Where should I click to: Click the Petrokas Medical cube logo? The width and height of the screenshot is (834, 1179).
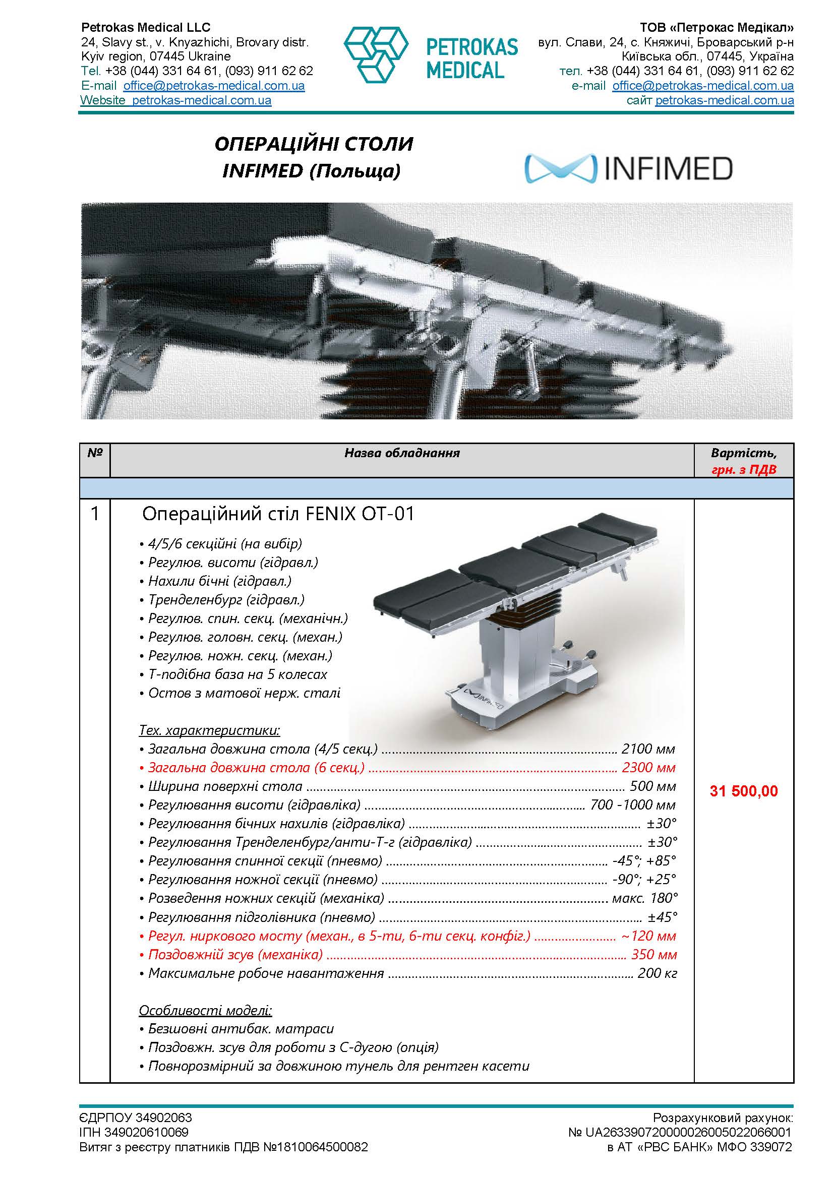[x=376, y=54]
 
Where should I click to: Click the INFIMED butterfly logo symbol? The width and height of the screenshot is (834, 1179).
[x=561, y=169]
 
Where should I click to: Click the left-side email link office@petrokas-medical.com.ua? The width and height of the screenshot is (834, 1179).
[x=214, y=86]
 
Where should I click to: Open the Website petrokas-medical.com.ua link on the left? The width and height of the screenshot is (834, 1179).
[x=175, y=100]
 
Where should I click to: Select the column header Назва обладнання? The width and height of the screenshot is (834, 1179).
[x=401, y=453]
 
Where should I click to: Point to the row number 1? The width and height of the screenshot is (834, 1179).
[x=94, y=514]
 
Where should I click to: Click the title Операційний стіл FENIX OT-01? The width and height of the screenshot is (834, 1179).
[x=278, y=514]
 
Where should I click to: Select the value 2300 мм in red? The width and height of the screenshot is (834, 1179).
[x=648, y=768]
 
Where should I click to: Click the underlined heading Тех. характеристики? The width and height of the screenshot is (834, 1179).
[x=210, y=730]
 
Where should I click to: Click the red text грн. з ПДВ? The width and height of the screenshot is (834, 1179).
[x=744, y=469]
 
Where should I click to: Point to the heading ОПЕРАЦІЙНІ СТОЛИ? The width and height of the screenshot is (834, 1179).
[x=314, y=144]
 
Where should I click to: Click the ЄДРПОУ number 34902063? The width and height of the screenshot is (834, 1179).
[x=164, y=1118]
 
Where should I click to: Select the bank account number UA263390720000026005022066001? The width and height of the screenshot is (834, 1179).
[x=688, y=1132]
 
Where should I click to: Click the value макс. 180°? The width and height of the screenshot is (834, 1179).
[x=645, y=898]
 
